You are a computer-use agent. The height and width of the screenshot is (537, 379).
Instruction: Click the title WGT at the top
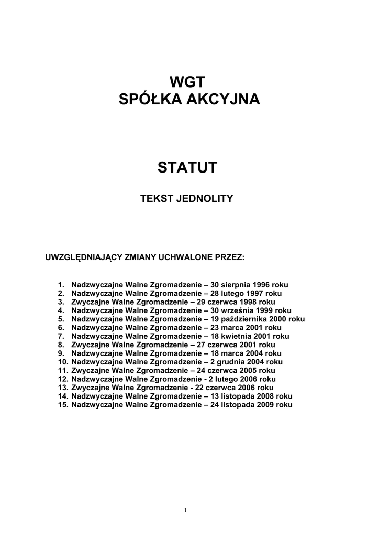pos(189,82)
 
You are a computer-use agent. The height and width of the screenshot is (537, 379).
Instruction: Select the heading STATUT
pos(189,168)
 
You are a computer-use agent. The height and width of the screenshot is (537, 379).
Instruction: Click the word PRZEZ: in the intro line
pos(230,258)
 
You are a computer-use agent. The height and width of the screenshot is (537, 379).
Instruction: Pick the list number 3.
pos(61,302)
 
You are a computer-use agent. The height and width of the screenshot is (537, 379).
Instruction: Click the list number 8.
pos(61,345)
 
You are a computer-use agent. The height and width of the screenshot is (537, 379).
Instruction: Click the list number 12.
pos(63,379)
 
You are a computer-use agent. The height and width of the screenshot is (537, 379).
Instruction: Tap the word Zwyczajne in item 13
pos(89,388)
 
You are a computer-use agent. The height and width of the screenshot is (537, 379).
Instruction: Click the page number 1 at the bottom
pos(186,510)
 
